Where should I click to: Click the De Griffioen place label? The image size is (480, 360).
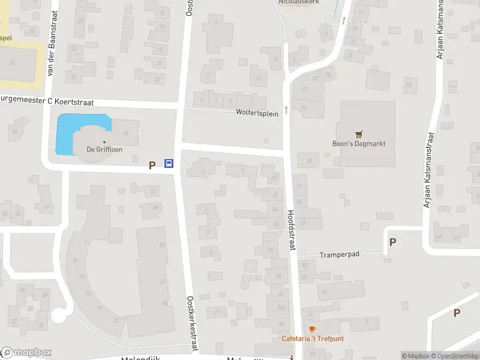[x=105, y=150]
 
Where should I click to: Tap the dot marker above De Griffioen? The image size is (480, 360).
[x=104, y=142]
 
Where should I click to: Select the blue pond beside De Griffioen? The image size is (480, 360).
[x=69, y=133]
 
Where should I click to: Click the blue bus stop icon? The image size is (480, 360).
[x=169, y=164]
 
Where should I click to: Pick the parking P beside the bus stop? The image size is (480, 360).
[x=152, y=164]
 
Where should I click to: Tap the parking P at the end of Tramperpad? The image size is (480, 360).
[x=393, y=242]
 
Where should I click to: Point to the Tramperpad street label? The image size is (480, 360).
[x=339, y=254]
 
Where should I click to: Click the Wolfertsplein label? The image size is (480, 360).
[x=257, y=113]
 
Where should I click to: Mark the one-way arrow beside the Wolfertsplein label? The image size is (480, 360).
[x=286, y=110]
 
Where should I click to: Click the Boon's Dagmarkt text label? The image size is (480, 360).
[x=359, y=143]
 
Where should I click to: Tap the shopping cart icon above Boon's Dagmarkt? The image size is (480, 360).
[x=359, y=134]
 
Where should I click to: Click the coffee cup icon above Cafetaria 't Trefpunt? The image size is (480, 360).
[x=312, y=329]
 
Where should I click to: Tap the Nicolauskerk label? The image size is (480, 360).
[x=299, y=2]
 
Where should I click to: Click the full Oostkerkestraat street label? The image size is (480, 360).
[x=192, y=324]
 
